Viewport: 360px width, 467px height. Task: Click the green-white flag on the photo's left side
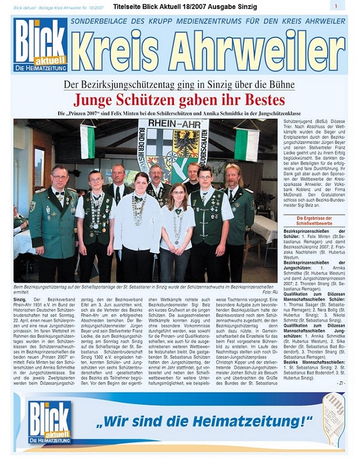[87, 141]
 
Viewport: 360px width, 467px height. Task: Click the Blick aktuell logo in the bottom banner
[50, 422]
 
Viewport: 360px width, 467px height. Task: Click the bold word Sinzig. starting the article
[21, 300]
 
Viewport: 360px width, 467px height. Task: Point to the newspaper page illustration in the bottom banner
[332, 418]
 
